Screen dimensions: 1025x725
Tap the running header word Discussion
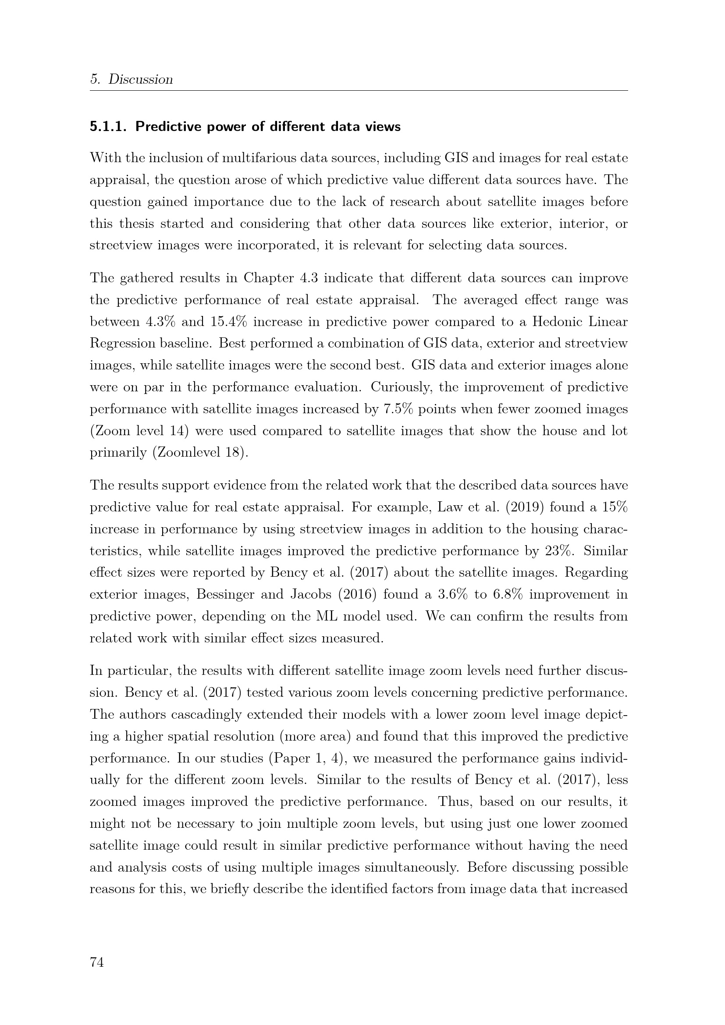point(141,79)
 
